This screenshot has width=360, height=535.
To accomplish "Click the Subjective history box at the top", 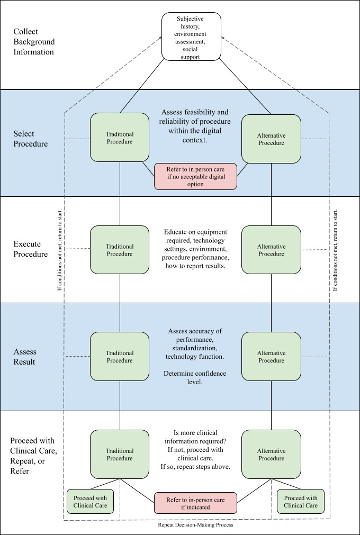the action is point(191,37).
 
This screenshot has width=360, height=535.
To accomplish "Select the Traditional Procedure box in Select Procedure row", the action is point(120,138).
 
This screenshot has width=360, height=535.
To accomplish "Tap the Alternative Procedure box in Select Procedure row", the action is point(271,139).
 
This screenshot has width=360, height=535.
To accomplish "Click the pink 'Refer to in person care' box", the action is point(195,176).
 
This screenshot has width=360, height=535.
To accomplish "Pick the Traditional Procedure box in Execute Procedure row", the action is point(120,250).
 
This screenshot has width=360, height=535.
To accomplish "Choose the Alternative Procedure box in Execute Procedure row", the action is point(271,250).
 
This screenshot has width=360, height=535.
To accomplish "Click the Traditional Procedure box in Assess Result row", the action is point(120,357).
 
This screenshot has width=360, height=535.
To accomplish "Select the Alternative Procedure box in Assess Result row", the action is point(271,357).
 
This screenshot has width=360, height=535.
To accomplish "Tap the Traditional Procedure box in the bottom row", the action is point(120,454).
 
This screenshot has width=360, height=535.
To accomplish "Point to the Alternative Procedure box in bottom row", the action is point(271,454).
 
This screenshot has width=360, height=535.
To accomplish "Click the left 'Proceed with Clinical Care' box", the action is point(90,501).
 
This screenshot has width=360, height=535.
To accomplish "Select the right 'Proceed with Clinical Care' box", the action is point(301,501).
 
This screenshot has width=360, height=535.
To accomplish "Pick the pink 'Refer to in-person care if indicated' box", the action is point(195,503).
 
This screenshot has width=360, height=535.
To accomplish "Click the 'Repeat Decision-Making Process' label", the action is point(195,525).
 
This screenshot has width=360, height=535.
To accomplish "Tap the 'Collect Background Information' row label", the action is point(34,42).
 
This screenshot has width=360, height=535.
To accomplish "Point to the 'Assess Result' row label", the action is point(25,357).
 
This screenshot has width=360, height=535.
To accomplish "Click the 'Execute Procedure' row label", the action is point(31,249).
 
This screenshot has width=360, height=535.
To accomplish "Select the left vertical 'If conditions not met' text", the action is point(60,250).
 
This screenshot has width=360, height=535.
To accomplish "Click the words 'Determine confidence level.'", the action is point(195,377).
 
